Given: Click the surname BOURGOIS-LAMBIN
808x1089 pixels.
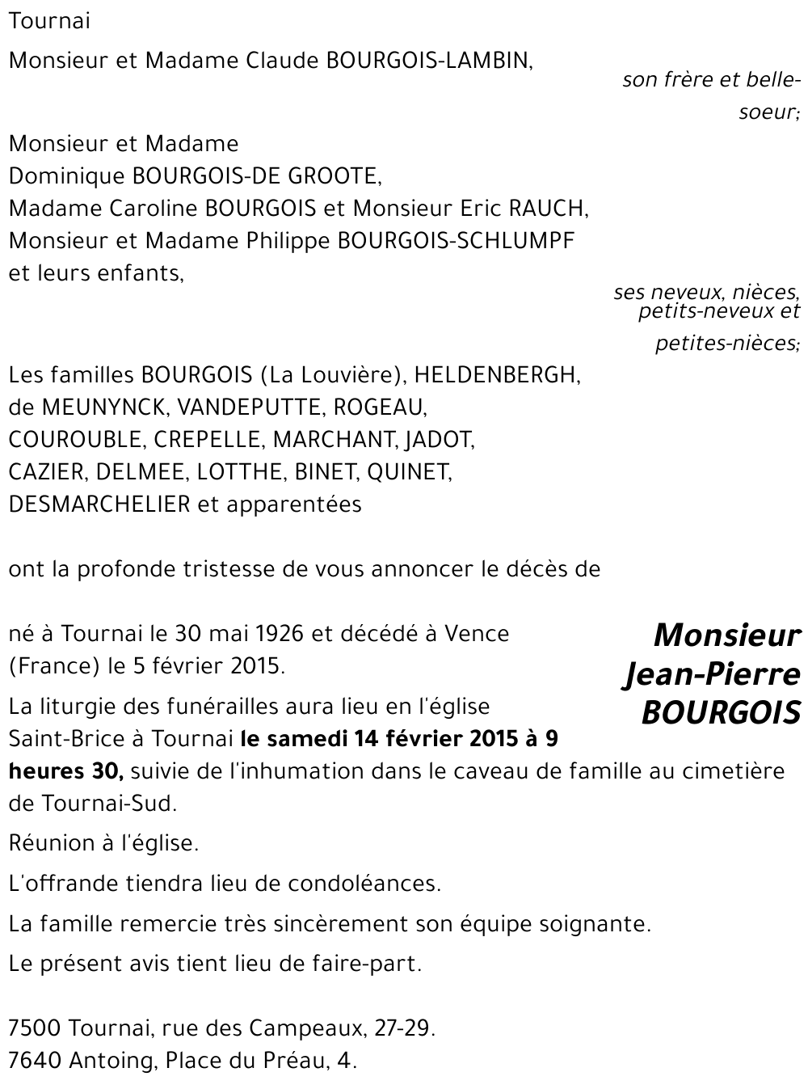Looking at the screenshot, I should (428, 61).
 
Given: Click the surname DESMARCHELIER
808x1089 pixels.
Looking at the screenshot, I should (99, 504).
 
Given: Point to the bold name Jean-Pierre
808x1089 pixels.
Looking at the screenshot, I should (711, 674).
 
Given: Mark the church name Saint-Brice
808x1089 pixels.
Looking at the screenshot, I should (62, 739).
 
